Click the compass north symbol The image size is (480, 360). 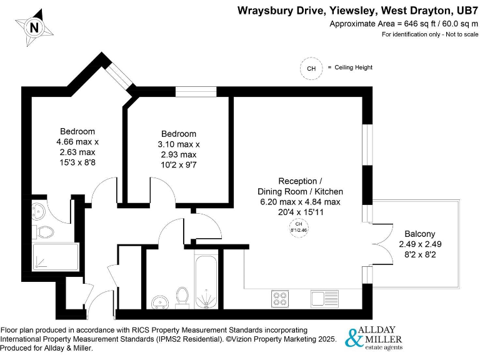tap(34, 27)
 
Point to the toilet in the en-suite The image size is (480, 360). tap(44, 232)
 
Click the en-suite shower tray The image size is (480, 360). tap(56, 257)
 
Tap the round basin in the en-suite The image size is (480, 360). tap(40, 209)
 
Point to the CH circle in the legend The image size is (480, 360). tap(311, 68)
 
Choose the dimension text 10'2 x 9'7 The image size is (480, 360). tap(179, 165)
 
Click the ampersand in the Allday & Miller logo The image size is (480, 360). tap(354, 338)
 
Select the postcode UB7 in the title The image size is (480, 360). tap(463, 10)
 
